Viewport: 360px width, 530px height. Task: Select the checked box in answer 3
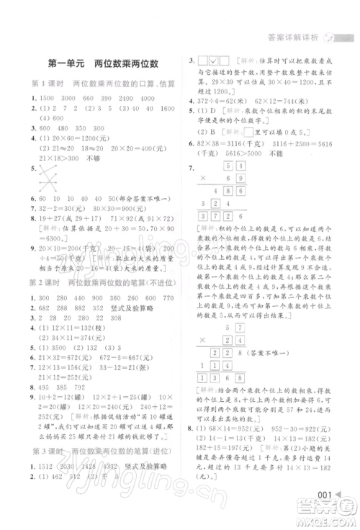point(215,63)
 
